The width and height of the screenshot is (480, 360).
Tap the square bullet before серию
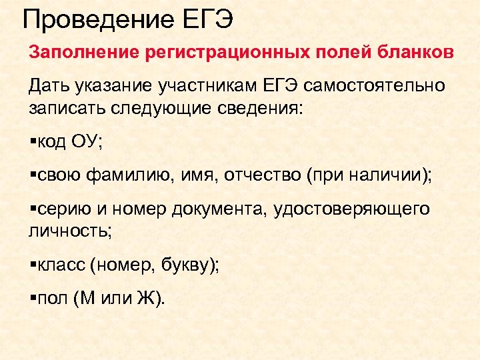(x=32, y=210)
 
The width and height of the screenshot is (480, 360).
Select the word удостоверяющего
(x=352, y=209)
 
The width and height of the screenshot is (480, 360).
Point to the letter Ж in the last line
(x=145, y=299)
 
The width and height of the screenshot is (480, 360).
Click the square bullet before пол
(x=32, y=300)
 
